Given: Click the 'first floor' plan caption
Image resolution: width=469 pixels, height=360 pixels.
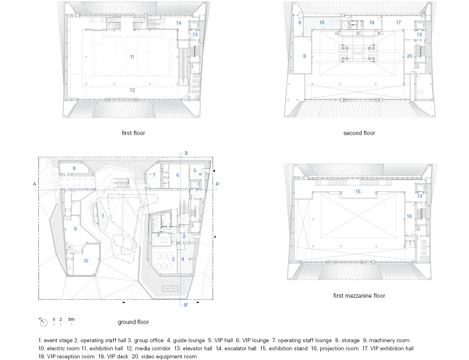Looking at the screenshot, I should tap(133, 133).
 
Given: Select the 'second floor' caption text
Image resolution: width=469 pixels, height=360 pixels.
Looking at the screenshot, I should tap(359, 133).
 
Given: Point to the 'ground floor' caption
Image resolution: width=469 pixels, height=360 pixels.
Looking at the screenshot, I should tap(133, 322).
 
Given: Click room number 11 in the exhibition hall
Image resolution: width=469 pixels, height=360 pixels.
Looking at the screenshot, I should tap(132, 57).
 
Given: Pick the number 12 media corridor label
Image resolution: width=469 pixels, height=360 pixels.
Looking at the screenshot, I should tap(132, 90).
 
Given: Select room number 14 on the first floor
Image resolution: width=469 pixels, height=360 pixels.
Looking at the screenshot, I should tap(178, 23).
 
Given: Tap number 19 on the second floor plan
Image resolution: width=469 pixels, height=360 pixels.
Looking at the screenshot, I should tap(322, 23).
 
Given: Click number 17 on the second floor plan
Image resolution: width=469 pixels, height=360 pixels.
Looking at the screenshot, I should tap(398, 23).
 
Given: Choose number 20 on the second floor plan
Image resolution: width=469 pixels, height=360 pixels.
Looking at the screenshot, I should tap(409, 56).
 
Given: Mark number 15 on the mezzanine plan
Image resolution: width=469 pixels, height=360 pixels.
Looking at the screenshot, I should tap(358, 192).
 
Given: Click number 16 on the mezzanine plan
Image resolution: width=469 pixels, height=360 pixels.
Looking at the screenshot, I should tap(409, 216).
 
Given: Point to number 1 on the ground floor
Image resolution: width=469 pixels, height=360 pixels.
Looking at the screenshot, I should tap(103, 216).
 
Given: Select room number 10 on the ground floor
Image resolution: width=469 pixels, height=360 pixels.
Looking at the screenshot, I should tap(86, 261).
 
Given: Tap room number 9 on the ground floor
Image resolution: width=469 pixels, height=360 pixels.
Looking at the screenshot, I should tap(75, 229).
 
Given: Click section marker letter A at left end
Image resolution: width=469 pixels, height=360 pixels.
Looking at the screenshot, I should tap(35, 184).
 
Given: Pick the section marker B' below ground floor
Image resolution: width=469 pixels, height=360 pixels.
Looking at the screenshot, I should tap(186, 305).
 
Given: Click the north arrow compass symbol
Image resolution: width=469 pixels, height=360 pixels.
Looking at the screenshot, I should tap(43, 322).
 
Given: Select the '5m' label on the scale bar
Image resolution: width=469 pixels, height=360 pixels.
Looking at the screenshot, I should tap(71, 320).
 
